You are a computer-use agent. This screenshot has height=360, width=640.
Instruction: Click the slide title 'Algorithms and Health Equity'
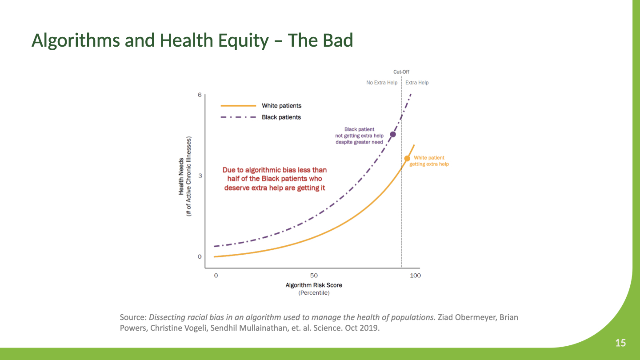192,40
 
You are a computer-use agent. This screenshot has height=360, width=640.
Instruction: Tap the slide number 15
620,343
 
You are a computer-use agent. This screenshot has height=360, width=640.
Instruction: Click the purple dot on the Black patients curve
393,134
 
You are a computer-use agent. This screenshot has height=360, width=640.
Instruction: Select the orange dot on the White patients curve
407,158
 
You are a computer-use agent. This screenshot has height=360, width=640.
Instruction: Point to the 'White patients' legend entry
281,106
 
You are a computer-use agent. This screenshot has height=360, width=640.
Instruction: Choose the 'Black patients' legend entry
281,117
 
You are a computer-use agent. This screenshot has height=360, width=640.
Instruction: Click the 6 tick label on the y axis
200,95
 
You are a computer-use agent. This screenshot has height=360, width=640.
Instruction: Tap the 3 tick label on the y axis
200,176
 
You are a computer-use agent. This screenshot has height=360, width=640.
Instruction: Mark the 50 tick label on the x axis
314,276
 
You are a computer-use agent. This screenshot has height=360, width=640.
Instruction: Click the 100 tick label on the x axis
415,276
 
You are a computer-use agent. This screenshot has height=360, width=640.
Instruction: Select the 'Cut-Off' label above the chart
401,72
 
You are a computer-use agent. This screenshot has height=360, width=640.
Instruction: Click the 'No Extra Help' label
382,83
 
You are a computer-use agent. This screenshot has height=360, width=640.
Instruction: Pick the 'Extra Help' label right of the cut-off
417,83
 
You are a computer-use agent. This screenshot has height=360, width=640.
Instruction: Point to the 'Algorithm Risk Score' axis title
314,285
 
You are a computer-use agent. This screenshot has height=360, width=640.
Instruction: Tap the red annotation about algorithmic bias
275,179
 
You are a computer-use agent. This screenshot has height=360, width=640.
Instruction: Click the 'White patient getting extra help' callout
429,161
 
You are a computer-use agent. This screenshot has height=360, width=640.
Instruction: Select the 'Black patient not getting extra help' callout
359,136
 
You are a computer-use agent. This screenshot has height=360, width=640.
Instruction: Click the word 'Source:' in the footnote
133,317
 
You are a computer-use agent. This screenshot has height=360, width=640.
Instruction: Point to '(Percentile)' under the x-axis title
314,293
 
